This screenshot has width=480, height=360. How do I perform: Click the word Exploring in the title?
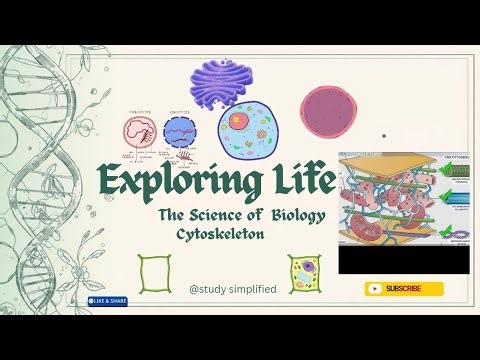[165, 183]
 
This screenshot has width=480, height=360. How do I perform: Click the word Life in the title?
[289, 181]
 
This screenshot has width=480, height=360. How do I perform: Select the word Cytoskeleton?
[217, 232]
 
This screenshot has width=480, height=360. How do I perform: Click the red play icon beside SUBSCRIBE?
[375, 289]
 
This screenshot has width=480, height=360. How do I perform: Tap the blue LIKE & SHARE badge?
[108, 300]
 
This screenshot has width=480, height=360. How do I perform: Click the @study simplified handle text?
[232, 290]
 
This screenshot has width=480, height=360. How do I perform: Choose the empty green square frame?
[155, 271]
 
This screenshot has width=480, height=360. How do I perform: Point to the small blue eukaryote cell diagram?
[179, 131]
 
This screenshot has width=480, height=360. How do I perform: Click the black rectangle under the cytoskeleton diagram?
[403, 261]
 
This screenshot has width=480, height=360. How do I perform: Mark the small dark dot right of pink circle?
[384, 135]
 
